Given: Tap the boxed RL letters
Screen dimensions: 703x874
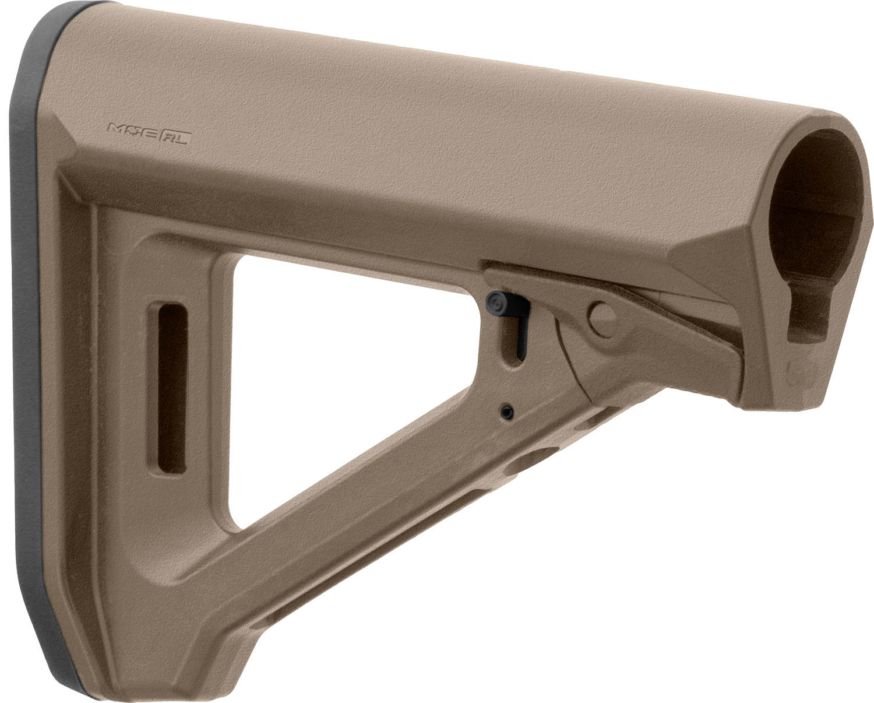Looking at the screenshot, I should (x=172, y=140).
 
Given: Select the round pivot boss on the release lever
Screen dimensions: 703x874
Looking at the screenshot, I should (x=602, y=315).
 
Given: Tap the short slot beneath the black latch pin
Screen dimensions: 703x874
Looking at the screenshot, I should (x=513, y=344).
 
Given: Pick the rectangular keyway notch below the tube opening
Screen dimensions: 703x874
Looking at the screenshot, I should (x=806, y=318).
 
